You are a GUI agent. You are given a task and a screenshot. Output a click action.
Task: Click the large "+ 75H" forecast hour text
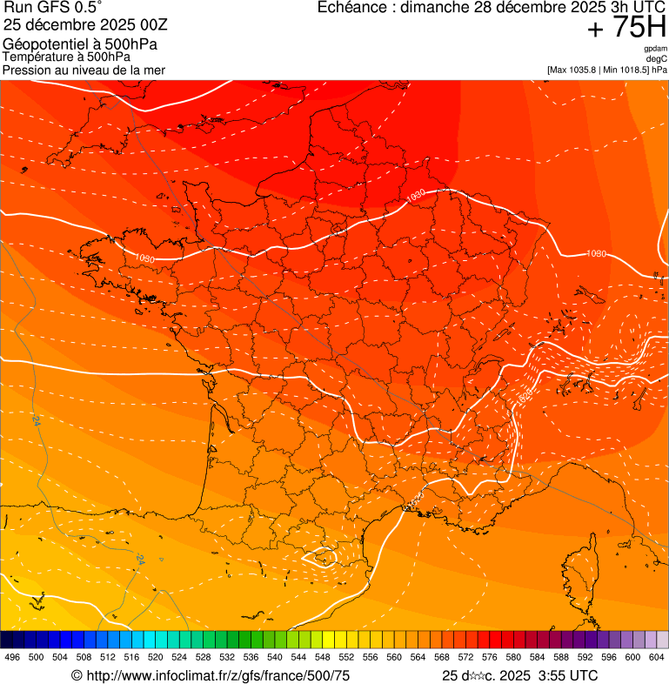pyautogui.click(x=626, y=28)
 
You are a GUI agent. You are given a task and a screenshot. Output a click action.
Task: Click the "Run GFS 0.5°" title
pyautogui.click(x=52, y=8)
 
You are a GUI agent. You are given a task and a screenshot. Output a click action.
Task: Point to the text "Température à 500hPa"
pyautogui.click(x=66, y=57)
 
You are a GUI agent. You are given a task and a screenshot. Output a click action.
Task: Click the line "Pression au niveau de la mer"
pyautogui.click(x=84, y=70)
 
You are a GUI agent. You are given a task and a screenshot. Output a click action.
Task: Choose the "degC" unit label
pyautogui.click(x=656, y=59)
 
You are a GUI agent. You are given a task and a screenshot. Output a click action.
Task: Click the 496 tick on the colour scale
pyautogui.click(x=12, y=658)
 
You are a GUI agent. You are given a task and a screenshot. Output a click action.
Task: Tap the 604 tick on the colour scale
pyautogui.click(x=657, y=658)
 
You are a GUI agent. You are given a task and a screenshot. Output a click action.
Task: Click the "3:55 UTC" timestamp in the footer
pyautogui.click(x=571, y=675)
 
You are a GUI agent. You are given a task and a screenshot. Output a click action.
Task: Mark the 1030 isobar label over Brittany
pyautogui.click(x=144, y=258)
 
